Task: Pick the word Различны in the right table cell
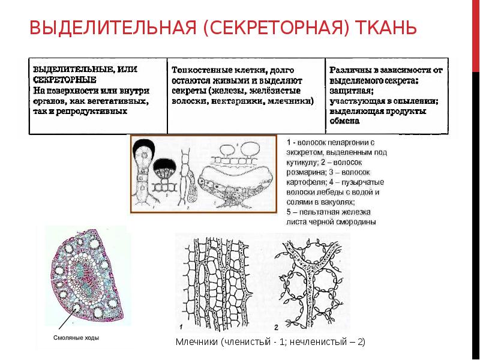[349, 70]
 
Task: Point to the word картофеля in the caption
[306, 182]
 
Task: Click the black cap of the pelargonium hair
[144, 151]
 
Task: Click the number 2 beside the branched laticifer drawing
[277, 328]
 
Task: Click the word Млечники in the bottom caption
[196, 342]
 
